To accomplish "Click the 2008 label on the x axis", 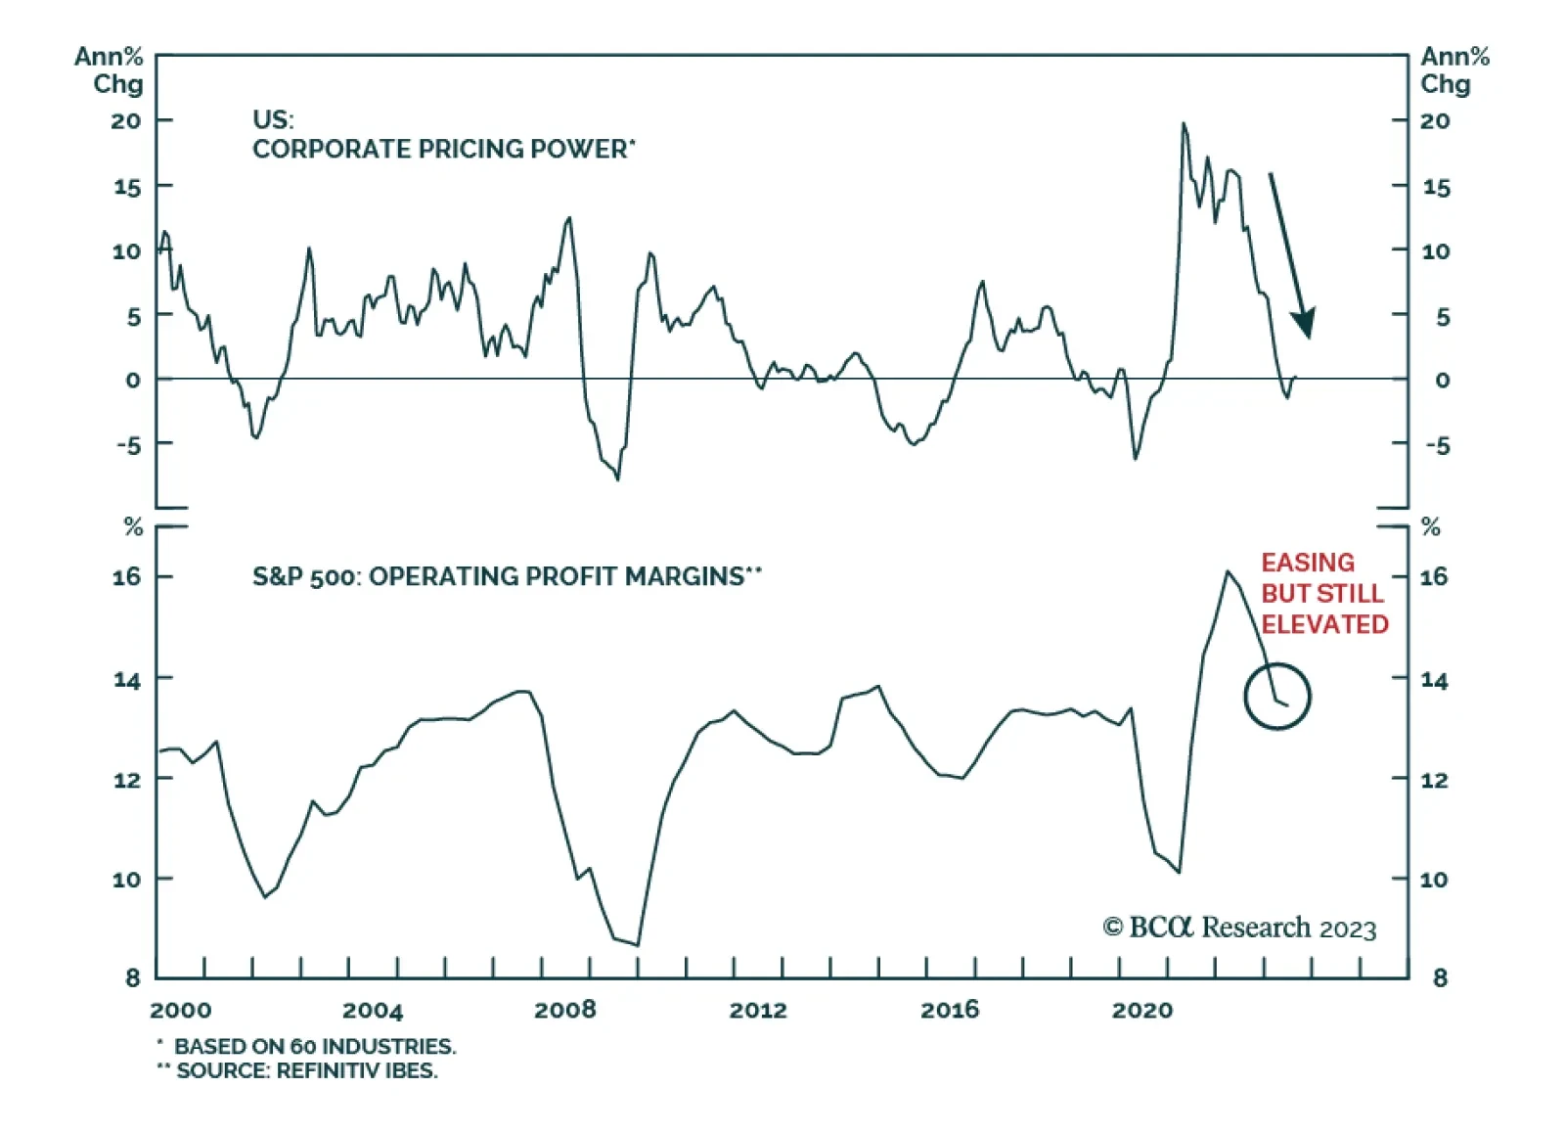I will pos(564,1010).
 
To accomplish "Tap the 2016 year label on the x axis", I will pos(949,1010).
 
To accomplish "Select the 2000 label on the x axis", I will pos(180,1010).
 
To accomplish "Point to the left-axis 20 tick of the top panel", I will pos(126,121).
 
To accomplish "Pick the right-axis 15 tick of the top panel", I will pos(1436,187).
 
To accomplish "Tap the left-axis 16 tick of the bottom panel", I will pos(126,576).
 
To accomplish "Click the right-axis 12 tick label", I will pos(1434,780).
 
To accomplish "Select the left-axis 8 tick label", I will pos(133,976).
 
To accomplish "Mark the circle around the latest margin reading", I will pos(1276,697).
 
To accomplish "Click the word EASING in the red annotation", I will pos(1308,563).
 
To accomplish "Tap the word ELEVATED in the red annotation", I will pos(1324,624).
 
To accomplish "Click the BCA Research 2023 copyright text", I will pos(1239,928).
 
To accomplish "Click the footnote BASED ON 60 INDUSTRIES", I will pos(314,1046).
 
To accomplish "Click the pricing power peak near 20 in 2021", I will pos(1184,123).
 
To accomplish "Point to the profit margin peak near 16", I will pos(1227,571).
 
